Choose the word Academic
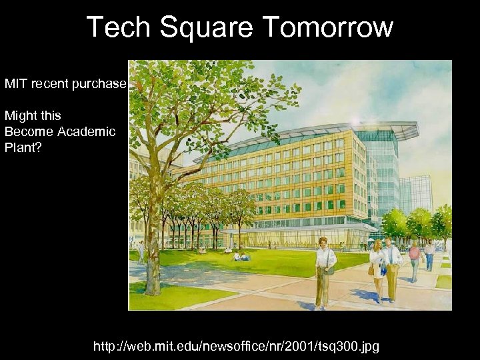[86, 131]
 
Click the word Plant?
[23, 147]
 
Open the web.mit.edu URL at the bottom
[236, 346]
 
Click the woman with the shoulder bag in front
[325, 270]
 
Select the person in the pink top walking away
[414, 259]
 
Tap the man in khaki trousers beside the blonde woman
[391, 267]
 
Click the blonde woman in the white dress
[377, 266]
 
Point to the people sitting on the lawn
[240, 256]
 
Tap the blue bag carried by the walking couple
[383, 270]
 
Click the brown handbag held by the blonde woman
[371, 269]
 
